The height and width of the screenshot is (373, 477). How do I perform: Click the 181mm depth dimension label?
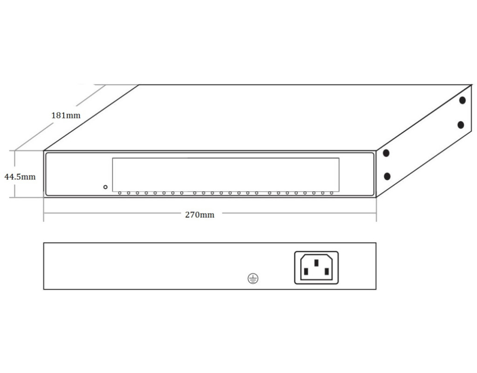coord(66,116)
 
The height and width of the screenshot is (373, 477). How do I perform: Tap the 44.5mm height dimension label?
coord(20,177)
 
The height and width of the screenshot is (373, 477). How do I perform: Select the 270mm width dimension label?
coord(199,214)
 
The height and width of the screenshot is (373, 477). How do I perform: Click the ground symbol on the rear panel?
coord(253,278)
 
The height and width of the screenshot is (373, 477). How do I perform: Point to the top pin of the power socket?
coord(316,263)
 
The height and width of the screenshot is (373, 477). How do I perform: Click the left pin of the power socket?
coord(306,271)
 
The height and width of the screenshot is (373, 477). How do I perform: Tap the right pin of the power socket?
coord(327,271)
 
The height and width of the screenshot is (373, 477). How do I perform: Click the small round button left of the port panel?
coord(105,187)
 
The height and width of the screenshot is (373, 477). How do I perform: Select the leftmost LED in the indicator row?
coord(120,193)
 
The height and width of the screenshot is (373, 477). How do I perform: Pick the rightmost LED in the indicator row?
coord(332,193)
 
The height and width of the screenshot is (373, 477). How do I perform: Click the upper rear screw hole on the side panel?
coord(463,100)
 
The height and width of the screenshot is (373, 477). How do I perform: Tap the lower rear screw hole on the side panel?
coord(461,125)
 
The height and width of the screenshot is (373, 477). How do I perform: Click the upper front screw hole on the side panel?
coord(386,153)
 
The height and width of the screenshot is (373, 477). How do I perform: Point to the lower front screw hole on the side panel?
coord(387,176)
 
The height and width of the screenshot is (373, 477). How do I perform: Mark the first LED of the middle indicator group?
coord(195,193)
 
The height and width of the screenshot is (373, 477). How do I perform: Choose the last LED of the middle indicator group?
coord(257,193)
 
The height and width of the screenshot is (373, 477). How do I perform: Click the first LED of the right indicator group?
coord(270,193)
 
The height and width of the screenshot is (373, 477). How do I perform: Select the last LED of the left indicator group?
coord(182,193)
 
